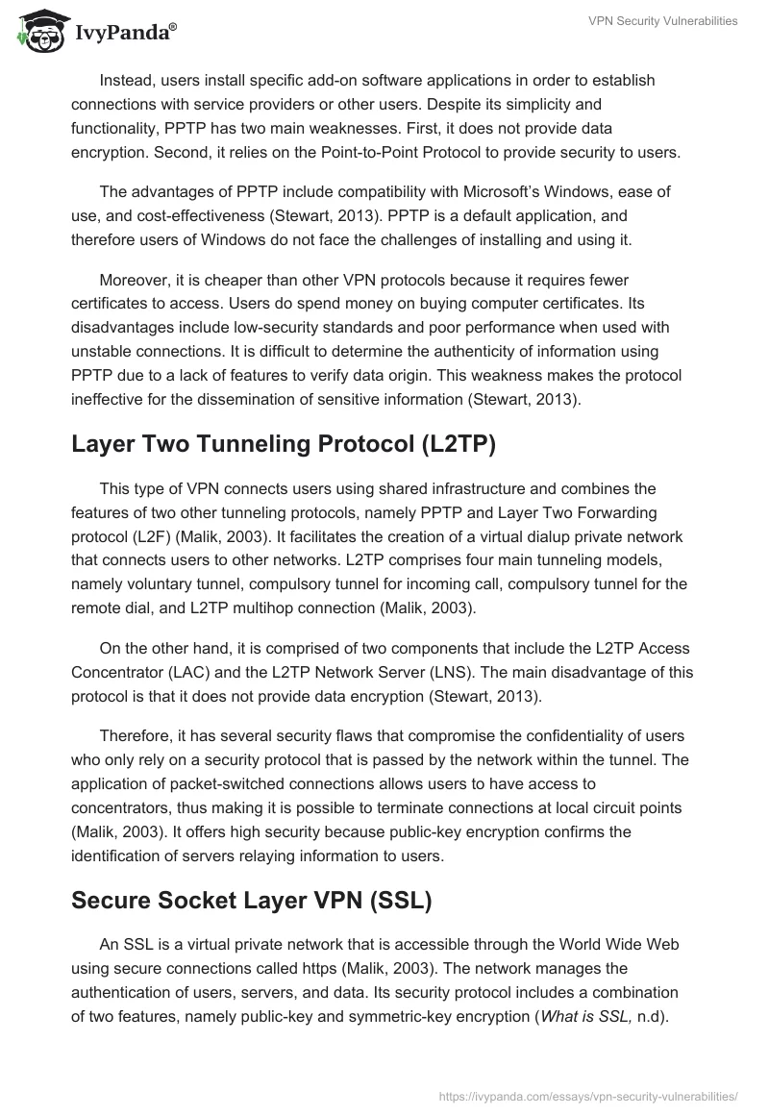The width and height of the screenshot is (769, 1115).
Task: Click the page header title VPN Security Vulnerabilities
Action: [662, 21]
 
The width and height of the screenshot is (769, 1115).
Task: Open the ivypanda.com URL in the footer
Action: [588, 1095]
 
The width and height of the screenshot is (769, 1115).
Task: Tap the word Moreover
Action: [134, 280]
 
